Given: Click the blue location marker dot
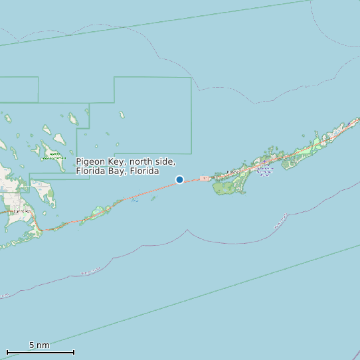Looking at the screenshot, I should tap(179, 179).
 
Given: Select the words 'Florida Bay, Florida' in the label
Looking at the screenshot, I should tap(117, 171).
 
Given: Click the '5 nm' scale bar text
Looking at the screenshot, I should tap(39, 345).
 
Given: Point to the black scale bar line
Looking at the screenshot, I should tap(40, 352).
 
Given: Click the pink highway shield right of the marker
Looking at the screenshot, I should tap(204, 178).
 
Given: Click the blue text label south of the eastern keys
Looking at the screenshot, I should tap(264, 171).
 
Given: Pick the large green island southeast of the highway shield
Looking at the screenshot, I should tap(230, 185).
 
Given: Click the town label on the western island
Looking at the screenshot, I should tap(23, 211).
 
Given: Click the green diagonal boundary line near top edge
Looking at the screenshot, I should tap(166, 23).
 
